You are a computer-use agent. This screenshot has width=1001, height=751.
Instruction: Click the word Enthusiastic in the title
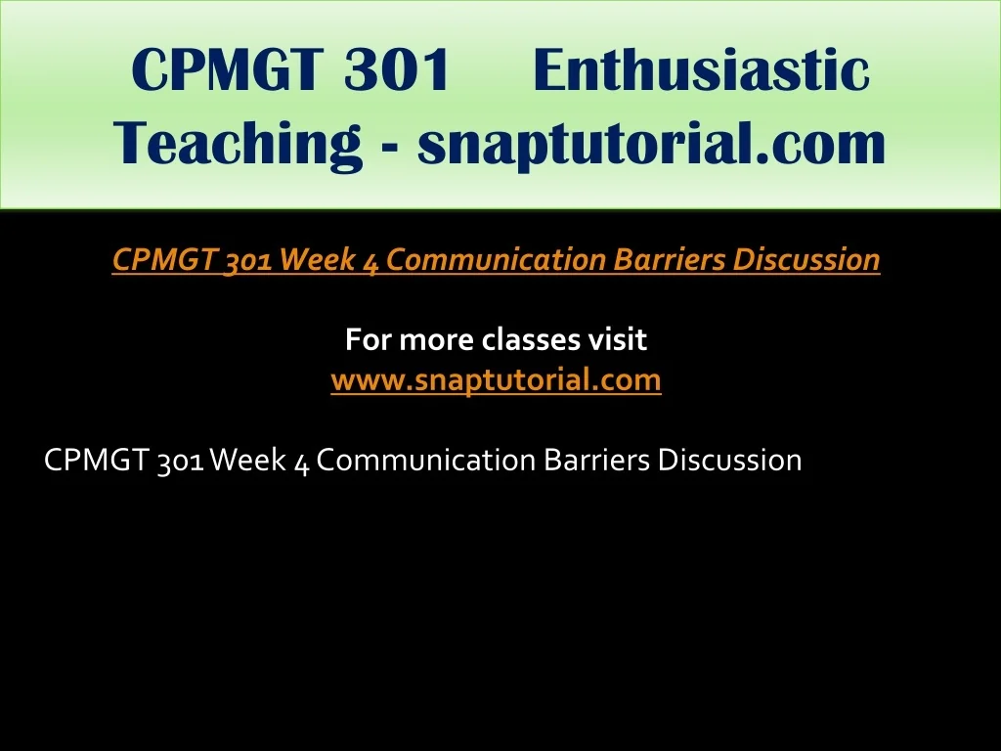tap(701, 69)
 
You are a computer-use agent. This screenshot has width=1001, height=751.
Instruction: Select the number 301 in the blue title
tap(397, 69)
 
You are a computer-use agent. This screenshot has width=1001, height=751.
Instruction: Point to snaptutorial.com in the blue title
tap(652, 144)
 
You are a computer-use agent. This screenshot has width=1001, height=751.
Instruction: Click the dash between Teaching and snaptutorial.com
tap(391, 149)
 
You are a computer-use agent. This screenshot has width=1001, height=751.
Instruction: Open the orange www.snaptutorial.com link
tap(496, 379)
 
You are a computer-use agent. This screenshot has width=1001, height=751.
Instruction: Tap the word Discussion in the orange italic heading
tap(806, 259)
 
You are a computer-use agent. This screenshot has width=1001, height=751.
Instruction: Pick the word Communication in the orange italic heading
tap(496, 259)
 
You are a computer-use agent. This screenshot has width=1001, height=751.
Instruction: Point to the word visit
tap(618, 339)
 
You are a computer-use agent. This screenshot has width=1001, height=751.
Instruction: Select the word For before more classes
tap(369, 339)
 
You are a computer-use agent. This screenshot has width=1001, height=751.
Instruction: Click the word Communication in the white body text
tap(426, 461)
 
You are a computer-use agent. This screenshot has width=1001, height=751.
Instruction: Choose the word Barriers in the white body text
tap(597, 461)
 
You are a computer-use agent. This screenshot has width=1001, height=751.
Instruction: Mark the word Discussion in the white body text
tap(729, 461)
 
